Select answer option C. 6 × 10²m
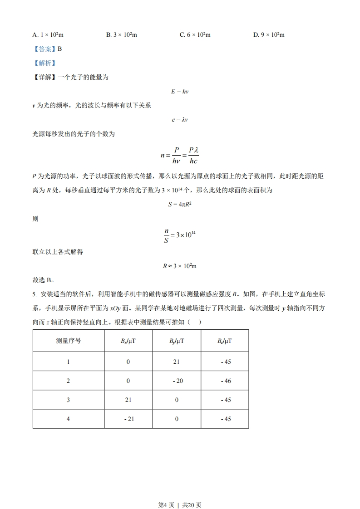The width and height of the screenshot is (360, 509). click(x=195, y=34)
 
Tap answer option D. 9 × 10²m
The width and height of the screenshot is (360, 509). click(x=268, y=34)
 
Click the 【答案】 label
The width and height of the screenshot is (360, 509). click(x=44, y=49)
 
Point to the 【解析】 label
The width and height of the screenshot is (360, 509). click(x=44, y=63)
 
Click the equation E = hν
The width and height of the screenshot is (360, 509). click(x=180, y=91)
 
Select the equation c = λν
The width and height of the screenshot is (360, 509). click(x=180, y=120)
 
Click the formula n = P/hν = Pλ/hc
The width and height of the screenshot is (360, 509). click(x=180, y=155)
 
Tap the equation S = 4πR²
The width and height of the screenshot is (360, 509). click(x=180, y=204)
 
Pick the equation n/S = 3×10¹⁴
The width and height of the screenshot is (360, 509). click(x=180, y=236)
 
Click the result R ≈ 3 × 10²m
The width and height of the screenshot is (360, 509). click(x=180, y=266)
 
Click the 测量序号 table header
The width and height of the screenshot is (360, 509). click(x=69, y=341)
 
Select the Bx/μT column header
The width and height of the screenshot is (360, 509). click(x=128, y=341)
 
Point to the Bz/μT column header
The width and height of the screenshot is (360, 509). click(x=225, y=341)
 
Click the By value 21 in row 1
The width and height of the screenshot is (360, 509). click(x=177, y=362)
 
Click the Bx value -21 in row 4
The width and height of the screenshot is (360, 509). click(x=128, y=419)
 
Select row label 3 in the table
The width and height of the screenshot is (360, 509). click(x=69, y=400)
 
